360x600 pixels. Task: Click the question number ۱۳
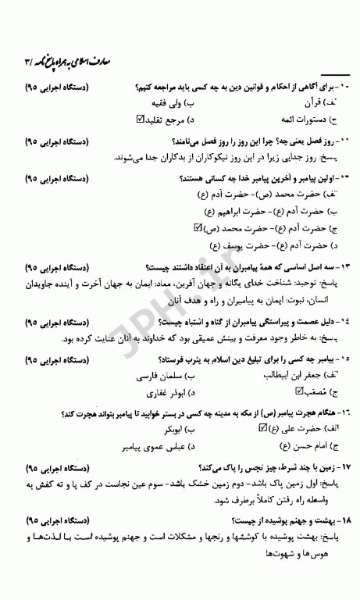point(342,266)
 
